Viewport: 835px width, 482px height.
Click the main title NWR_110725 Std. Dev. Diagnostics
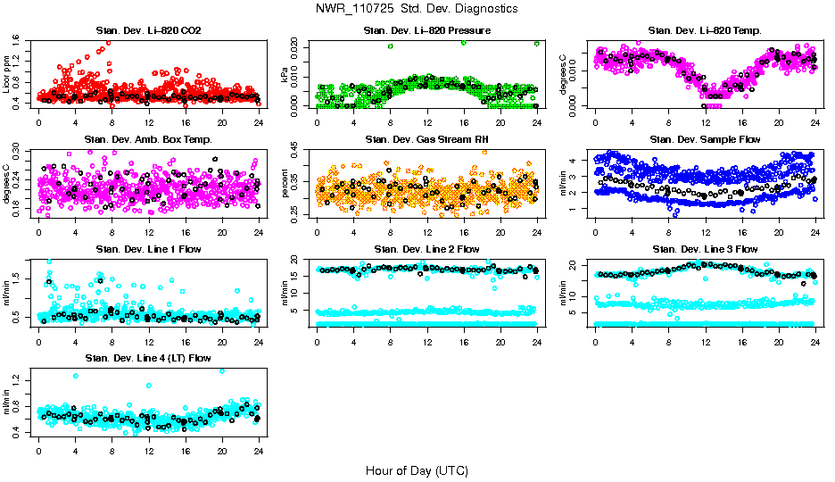(x=417, y=9)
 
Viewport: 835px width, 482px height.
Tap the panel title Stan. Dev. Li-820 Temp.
(x=705, y=31)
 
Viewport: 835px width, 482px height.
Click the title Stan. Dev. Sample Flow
(x=705, y=139)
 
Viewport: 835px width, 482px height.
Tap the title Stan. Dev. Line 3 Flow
(x=705, y=249)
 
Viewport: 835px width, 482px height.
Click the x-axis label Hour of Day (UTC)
(x=417, y=470)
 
